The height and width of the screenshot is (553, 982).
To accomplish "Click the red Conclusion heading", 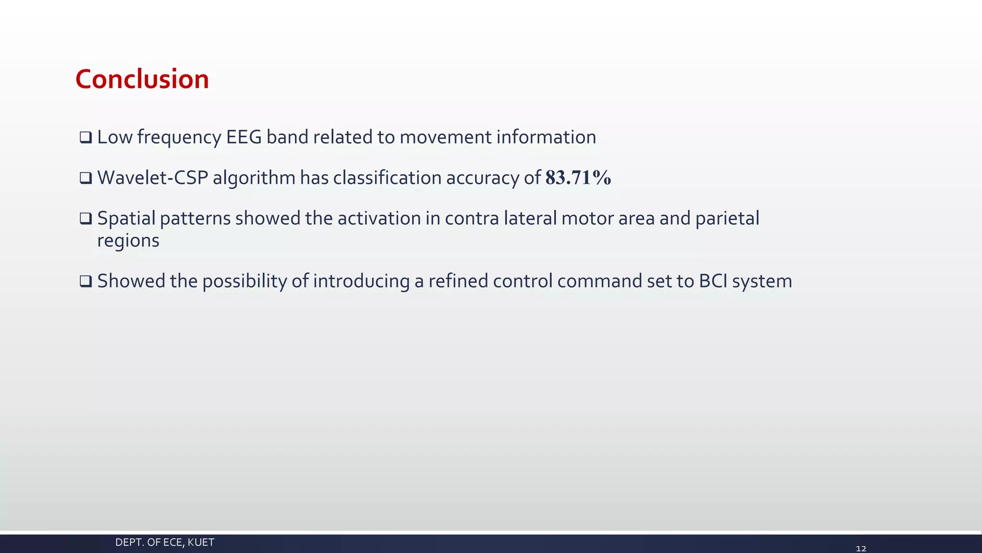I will click(142, 79).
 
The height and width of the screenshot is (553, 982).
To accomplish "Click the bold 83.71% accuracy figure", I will click(578, 178).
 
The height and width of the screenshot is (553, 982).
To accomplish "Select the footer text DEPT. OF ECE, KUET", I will click(164, 542).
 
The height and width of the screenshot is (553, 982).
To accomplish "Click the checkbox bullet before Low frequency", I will click(85, 138).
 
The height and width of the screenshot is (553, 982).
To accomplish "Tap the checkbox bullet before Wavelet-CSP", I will click(85, 179).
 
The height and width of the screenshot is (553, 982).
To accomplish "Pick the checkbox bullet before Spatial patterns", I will click(85, 219).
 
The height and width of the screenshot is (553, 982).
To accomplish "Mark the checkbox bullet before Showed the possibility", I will click(85, 281).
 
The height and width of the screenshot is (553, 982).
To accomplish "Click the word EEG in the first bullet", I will click(244, 137).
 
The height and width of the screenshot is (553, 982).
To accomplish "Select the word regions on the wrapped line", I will click(128, 240).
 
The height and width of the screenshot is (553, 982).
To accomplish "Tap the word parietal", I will click(727, 218).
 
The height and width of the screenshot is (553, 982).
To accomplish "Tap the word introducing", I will click(361, 281).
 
